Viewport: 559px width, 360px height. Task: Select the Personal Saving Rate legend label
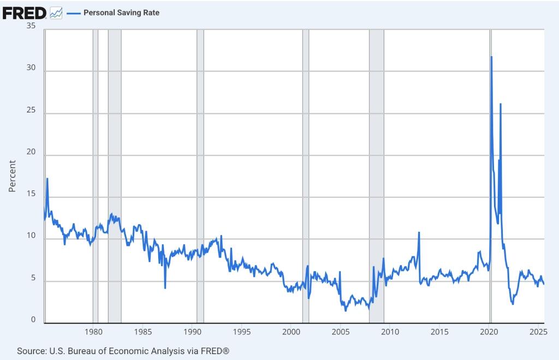(121, 13)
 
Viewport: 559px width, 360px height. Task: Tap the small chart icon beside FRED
(56, 13)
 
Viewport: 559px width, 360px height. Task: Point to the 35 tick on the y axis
(32, 26)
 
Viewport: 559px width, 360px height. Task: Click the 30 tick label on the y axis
(32, 69)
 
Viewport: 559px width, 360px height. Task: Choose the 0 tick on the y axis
(34, 320)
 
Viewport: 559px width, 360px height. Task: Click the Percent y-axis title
(13, 176)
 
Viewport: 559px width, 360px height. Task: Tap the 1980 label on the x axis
(93, 332)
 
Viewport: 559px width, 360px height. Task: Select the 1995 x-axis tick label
(241, 332)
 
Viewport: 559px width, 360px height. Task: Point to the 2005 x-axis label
(340, 332)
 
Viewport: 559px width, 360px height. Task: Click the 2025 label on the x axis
(538, 332)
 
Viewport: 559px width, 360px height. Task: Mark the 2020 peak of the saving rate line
(491, 57)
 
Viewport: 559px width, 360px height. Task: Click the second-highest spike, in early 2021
(501, 104)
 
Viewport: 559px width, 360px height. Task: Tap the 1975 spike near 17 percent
(47, 178)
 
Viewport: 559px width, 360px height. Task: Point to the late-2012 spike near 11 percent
(419, 233)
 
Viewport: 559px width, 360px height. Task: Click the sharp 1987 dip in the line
(165, 287)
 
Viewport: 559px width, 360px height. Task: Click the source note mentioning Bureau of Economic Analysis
(123, 351)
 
